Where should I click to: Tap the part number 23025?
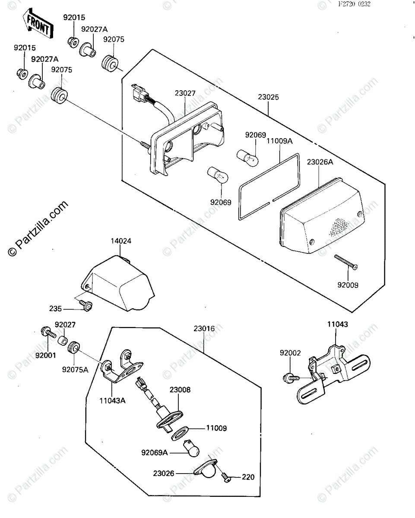269,97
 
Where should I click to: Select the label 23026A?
320,162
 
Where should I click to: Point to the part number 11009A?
279,140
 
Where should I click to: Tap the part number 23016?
204,328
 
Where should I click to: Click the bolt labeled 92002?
290,378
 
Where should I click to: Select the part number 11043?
337,324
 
